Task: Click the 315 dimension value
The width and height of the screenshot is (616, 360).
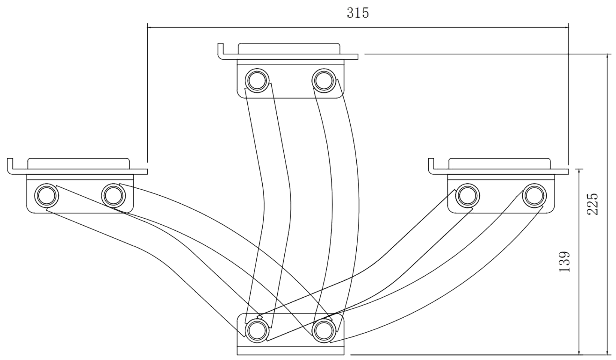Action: tap(358, 13)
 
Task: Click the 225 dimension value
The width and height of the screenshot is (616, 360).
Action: tap(593, 204)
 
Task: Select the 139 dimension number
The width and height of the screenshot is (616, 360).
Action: tap(565, 262)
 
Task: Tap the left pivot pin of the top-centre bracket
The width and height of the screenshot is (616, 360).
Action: tap(257, 80)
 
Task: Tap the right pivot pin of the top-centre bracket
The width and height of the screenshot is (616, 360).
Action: tap(324, 80)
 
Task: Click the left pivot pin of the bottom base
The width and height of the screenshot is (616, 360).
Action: tap(257, 330)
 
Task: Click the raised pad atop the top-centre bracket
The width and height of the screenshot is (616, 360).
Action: tap(289, 48)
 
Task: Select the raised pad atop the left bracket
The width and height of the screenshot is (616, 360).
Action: tap(79, 163)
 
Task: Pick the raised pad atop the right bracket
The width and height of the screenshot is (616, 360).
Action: tap(499, 163)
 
